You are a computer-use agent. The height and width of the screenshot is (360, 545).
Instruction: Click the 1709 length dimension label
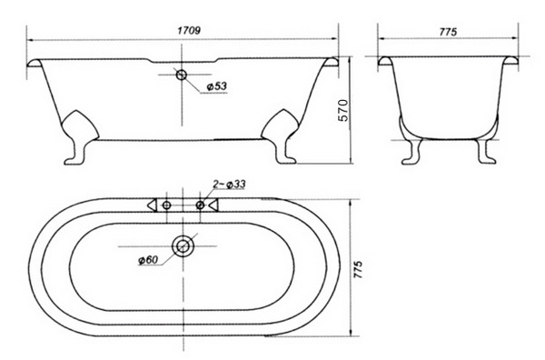click(x=189, y=31)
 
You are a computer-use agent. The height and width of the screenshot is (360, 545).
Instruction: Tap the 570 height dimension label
click(x=343, y=110)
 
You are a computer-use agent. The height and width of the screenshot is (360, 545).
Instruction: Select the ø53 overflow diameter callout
click(x=216, y=86)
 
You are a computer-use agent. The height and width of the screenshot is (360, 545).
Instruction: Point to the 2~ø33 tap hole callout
click(x=229, y=184)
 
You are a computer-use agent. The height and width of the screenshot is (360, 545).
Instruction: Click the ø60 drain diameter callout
click(x=148, y=259)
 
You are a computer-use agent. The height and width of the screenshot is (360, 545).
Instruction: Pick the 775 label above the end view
click(x=448, y=32)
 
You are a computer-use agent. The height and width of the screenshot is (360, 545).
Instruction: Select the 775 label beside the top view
click(x=358, y=269)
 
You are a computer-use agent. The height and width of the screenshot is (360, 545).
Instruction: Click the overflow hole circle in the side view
click(x=182, y=75)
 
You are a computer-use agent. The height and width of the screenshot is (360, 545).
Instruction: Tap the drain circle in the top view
click(x=183, y=246)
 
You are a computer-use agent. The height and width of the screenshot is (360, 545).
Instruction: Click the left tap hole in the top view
click(x=167, y=205)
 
